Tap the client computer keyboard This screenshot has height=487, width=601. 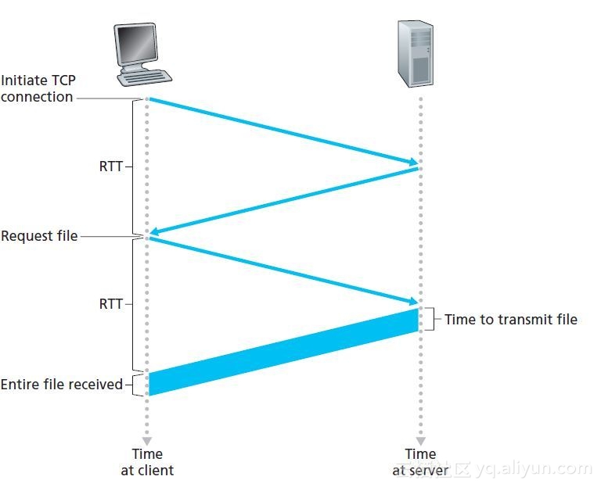pyautogui.click(x=146, y=77)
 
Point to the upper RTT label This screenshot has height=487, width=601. pyautogui.click(x=110, y=167)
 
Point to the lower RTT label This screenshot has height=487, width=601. pyautogui.click(x=110, y=304)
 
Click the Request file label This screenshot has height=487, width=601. pyautogui.click(x=39, y=235)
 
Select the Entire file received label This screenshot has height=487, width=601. pyautogui.click(x=61, y=384)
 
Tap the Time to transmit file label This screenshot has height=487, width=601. pyautogui.click(x=510, y=319)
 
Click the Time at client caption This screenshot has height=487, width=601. pyautogui.click(x=146, y=462)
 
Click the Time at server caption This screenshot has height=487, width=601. pyautogui.click(x=420, y=462)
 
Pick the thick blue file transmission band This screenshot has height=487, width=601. pyautogui.click(x=283, y=352)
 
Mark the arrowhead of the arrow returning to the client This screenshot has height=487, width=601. pyautogui.click(x=155, y=232)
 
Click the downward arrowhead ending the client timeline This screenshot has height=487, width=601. pyautogui.click(x=146, y=440)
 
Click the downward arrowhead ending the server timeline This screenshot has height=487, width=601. pyautogui.click(x=420, y=440)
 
